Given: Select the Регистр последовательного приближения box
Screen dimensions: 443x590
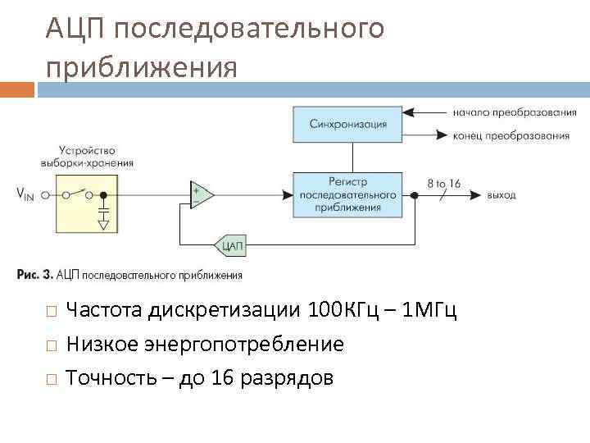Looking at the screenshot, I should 347,194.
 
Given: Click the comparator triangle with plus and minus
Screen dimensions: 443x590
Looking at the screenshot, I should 201,195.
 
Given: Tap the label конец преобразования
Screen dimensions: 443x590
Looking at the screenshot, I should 511,135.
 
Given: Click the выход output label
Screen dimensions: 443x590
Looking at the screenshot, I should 501,195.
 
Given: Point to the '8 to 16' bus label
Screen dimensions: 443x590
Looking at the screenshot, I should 443,185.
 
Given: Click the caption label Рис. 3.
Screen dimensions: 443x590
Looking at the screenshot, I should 35,275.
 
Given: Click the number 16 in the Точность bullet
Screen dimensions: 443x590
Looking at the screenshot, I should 221,378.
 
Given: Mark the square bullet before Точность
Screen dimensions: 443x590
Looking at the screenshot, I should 51,379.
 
